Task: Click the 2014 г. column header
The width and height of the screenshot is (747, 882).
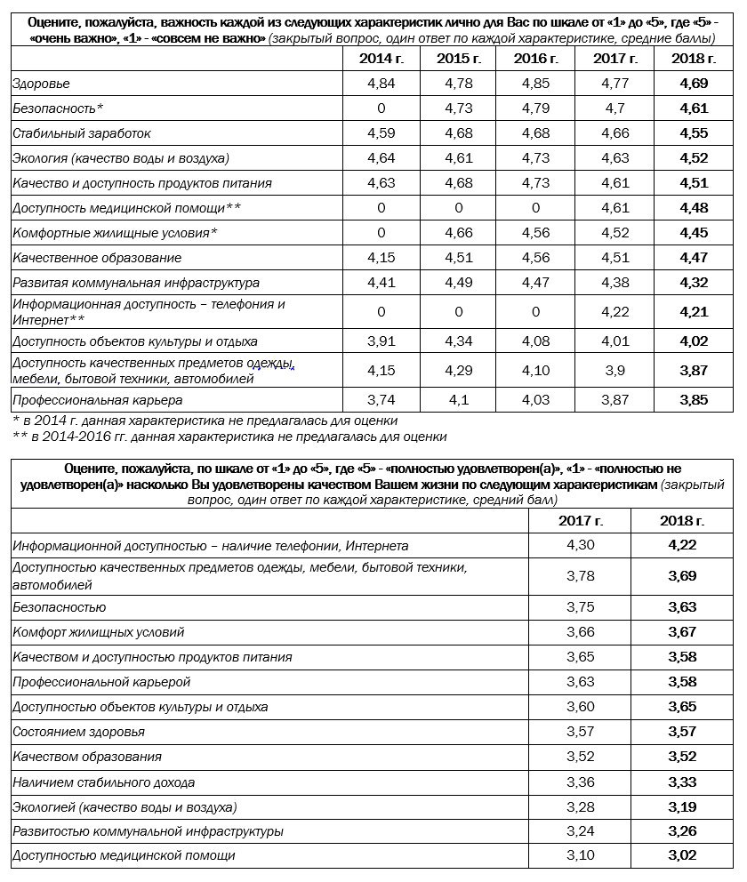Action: [x=381, y=59]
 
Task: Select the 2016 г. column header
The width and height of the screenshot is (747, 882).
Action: [x=536, y=59]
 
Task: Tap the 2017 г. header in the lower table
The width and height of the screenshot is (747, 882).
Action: [x=580, y=520]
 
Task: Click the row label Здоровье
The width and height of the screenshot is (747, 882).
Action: [x=41, y=84]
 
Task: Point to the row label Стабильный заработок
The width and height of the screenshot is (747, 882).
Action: [x=81, y=133]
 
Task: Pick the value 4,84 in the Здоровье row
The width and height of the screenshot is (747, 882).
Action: [x=381, y=84]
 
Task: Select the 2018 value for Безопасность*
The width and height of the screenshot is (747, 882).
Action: [x=692, y=108]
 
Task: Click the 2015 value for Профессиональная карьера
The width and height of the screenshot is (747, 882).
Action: [x=459, y=400]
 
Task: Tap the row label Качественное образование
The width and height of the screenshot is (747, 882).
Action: [x=97, y=258]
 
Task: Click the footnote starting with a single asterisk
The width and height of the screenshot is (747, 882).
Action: [x=205, y=421]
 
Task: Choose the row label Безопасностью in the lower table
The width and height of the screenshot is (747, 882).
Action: [x=59, y=607]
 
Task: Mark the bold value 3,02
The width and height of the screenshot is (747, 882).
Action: [x=682, y=855]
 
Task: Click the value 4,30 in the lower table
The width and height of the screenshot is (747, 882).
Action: [x=580, y=545]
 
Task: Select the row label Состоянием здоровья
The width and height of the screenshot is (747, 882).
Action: [x=78, y=732]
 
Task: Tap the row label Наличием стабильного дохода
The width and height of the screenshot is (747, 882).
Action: [x=103, y=782]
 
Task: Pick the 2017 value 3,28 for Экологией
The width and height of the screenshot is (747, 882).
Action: [x=580, y=806]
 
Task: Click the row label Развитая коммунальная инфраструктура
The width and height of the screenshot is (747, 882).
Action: [x=135, y=283]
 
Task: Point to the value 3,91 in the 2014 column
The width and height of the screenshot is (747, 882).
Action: [x=381, y=341]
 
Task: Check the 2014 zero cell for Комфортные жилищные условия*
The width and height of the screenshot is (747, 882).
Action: [x=381, y=233]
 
